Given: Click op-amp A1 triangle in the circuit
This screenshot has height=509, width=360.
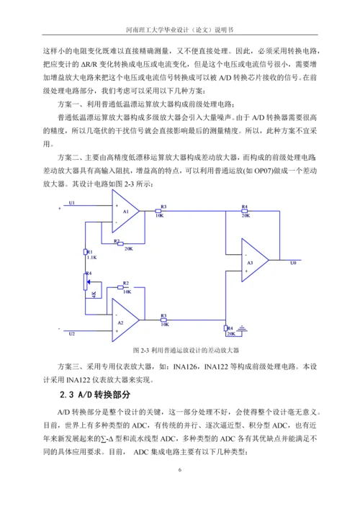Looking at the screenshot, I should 127,212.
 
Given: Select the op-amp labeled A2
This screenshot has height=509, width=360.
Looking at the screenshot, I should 127,323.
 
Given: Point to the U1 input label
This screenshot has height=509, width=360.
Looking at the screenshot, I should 71,203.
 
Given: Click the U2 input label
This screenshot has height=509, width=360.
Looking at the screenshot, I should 71,333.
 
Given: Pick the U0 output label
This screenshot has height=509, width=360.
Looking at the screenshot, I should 292,263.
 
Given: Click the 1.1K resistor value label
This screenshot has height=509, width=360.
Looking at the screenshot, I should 91,256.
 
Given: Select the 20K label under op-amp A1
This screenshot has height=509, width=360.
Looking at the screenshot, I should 127,248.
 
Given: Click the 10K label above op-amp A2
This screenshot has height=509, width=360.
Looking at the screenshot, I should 126,292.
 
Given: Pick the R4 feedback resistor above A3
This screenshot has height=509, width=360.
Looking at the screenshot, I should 245,210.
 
